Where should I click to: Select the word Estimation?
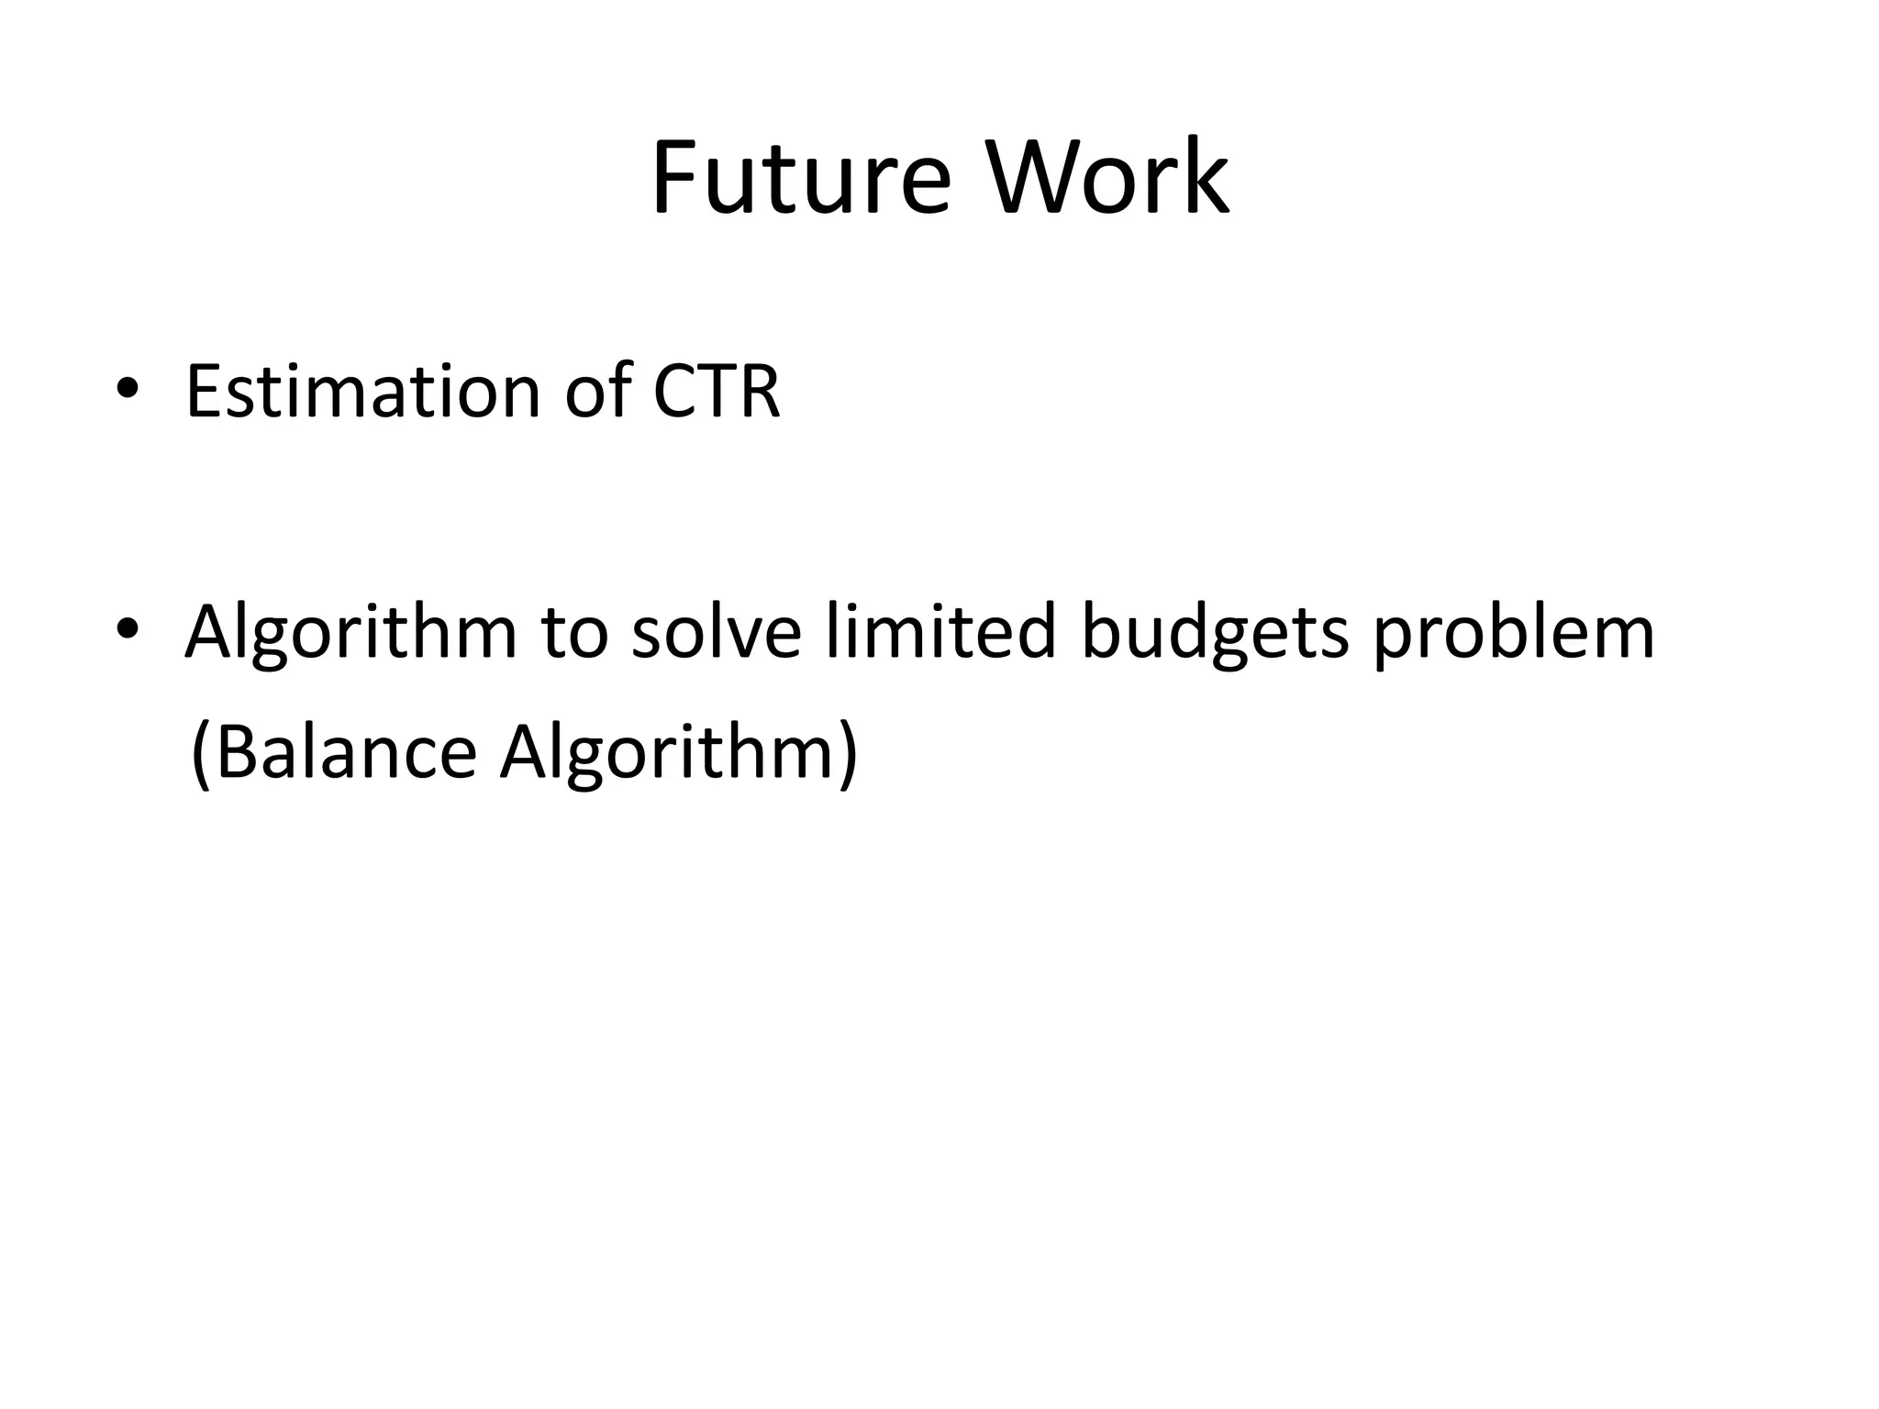(x=363, y=392)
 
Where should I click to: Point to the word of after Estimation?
(x=597, y=392)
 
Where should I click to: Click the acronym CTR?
(x=717, y=392)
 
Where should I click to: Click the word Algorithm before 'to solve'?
(x=350, y=633)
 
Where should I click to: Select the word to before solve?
(x=574, y=633)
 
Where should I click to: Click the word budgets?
(x=1215, y=633)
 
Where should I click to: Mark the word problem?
(x=1514, y=633)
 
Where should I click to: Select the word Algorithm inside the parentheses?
(x=665, y=754)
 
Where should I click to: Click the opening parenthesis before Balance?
(x=200, y=754)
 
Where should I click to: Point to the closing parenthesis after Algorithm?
(x=849, y=754)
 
